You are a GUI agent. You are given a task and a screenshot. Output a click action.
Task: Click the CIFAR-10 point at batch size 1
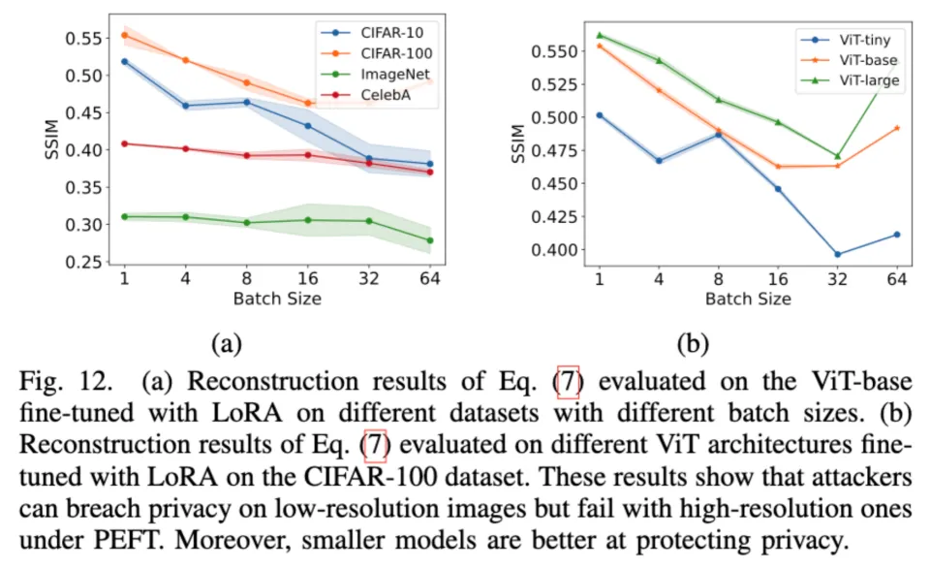125,61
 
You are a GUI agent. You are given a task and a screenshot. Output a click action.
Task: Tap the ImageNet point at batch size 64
429,240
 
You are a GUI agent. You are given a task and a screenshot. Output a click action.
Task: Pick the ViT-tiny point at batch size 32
837,255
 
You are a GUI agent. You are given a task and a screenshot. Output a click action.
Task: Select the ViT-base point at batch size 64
896,128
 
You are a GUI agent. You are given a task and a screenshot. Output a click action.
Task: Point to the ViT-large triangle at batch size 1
600,35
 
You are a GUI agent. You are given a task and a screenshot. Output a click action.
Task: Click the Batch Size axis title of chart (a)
276,299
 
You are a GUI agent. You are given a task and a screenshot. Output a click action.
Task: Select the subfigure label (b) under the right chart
694,343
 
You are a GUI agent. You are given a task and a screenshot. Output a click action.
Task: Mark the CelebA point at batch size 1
125,143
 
